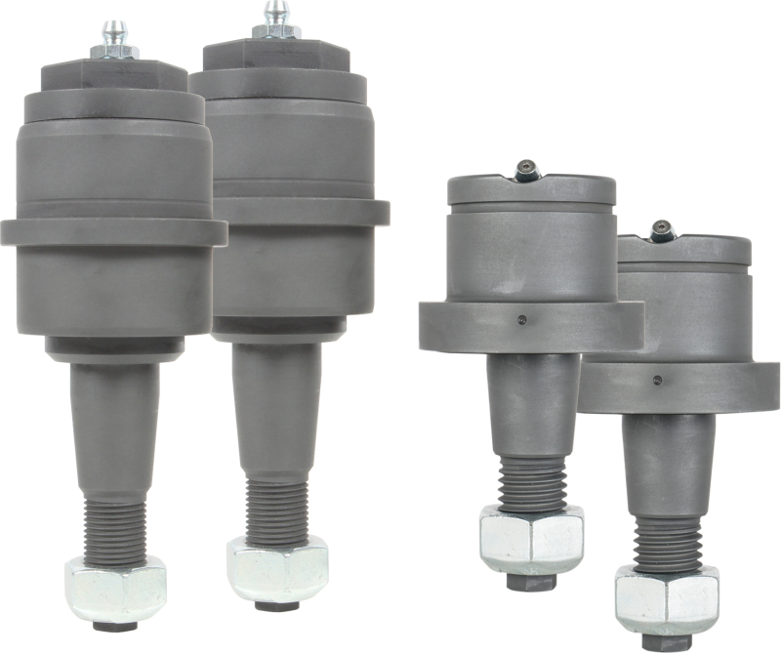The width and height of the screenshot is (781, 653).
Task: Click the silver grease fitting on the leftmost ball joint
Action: [x=115, y=39]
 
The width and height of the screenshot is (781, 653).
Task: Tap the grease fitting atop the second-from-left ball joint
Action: [x=277, y=21]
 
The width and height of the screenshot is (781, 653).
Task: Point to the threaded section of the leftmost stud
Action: [x=115, y=526]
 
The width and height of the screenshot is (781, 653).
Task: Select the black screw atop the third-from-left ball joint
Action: [x=528, y=172]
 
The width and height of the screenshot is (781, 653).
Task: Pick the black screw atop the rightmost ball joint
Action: [x=663, y=231]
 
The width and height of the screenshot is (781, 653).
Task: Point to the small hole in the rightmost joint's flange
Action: [x=657, y=378]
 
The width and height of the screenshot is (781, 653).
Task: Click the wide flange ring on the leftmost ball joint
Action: [x=113, y=232]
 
